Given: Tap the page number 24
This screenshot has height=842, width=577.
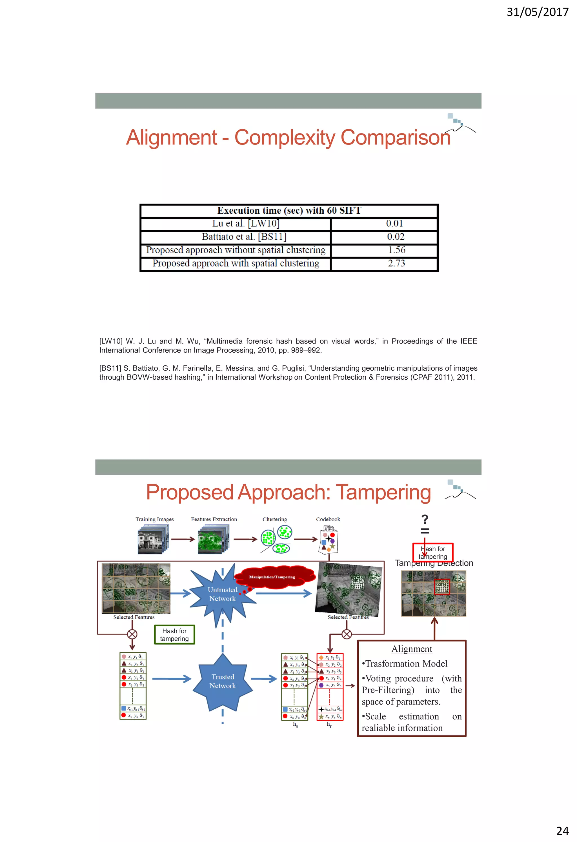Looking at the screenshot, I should coord(562,830).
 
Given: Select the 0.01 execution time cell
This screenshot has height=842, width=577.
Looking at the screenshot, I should coord(394,224).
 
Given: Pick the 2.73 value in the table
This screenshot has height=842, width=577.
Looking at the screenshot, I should coord(396,263).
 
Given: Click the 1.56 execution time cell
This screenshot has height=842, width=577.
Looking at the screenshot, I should coord(396,250).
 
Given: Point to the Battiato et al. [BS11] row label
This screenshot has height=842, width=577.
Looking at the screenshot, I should coord(244,237).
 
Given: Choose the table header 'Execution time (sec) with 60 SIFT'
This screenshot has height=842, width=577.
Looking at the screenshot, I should coord(289,211).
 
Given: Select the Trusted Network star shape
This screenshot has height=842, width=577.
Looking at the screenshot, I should coord(223,681).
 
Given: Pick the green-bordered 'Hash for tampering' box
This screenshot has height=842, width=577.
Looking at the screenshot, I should coord(174,635).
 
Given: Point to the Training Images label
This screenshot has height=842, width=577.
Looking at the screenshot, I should coord(154,519).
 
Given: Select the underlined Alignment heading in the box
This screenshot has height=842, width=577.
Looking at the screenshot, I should coord(411,649).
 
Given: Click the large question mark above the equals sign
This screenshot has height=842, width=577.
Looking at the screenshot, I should coord(425,519).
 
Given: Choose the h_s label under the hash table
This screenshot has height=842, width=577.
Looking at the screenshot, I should coord(295,724).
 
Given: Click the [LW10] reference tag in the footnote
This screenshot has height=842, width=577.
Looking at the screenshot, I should coord(111,341).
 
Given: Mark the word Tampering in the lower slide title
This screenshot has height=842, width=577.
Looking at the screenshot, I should coord(383,493).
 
